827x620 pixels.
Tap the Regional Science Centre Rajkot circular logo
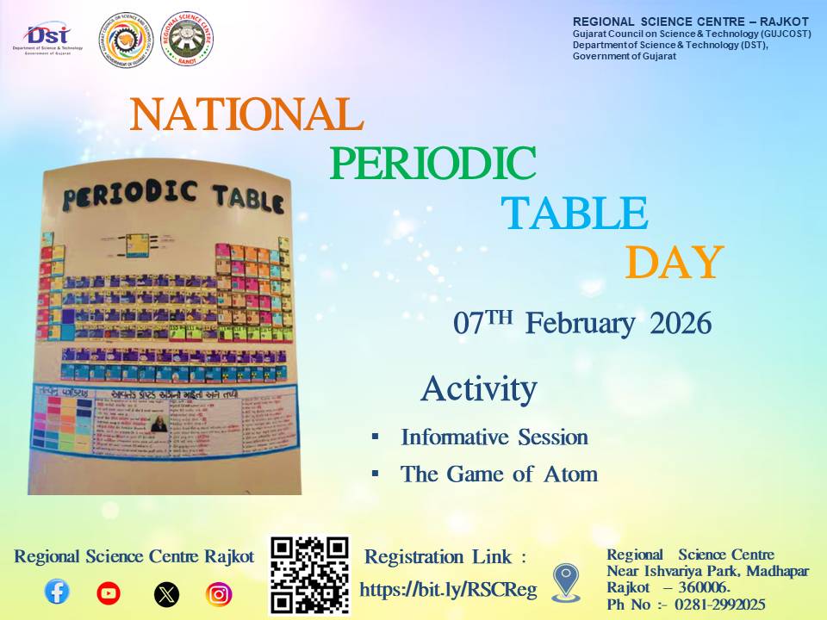click(x=187, y=39)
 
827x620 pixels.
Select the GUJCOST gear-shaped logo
click(x=125, y=39)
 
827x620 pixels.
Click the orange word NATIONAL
click(x=246, y=114)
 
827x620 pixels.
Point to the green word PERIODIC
click(x=432, y=164)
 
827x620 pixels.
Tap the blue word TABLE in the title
click(x=575, y=214)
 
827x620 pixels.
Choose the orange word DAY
click(x=674, y=263)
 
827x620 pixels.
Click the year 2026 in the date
click(x=681, y=324)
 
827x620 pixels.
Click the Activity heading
click(x=478, y=389)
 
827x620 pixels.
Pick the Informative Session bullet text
click(x=494, y=437)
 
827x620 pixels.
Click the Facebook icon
click(x=57, y=592)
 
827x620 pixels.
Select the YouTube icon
click(x=109, y=592)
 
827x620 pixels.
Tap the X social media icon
click(x=166, y=593)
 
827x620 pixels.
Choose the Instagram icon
click(x=219, y=593)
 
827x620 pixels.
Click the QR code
click(x=310, y=574)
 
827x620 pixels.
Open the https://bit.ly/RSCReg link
click(x=448, y=590)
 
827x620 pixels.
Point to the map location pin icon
click(x=566, y=582)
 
